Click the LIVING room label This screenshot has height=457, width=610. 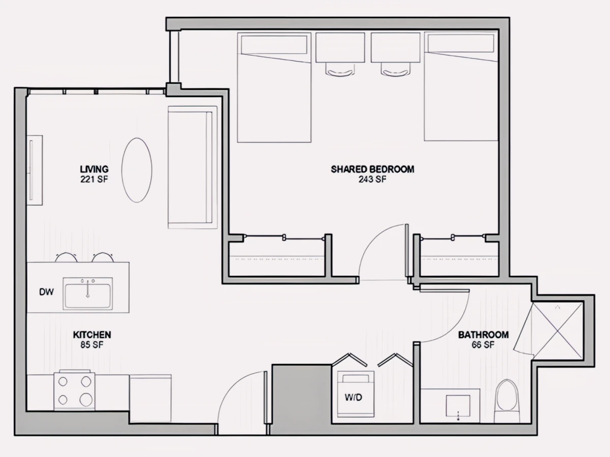click(x=94, y=169)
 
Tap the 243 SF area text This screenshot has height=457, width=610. click(x=373, y=179)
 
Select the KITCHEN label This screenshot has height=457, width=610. click(x=92, y=335)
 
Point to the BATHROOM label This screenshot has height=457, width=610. click(x=483, y=335)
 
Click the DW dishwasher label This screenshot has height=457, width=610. click(x=46, y=291)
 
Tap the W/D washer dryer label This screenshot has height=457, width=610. click(x=353, y=398)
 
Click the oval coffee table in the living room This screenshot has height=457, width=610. click(x=137, y=170)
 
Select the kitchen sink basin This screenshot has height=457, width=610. click(x=88, y=293)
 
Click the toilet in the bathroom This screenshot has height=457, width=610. click(x=507, y=401)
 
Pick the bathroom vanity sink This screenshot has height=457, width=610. click(x=458, y=406)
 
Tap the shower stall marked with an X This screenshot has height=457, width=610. click(x=557, y=331)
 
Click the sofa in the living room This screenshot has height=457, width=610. click(x=192, y=168)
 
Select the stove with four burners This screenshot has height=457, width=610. click(x=75, y=390)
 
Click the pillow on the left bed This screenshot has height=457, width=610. click(x=274, y=44)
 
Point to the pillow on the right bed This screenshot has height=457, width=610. click(x=461, y=43)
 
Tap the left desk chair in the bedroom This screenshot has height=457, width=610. click(x=340, y=69)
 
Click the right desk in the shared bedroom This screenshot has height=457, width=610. click(x=395, y=47)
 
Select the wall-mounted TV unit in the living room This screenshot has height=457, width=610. click(x=35, y=170)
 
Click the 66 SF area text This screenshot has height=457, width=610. click(x=483, y=345)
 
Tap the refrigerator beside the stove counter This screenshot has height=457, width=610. click(x=150, y=398)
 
